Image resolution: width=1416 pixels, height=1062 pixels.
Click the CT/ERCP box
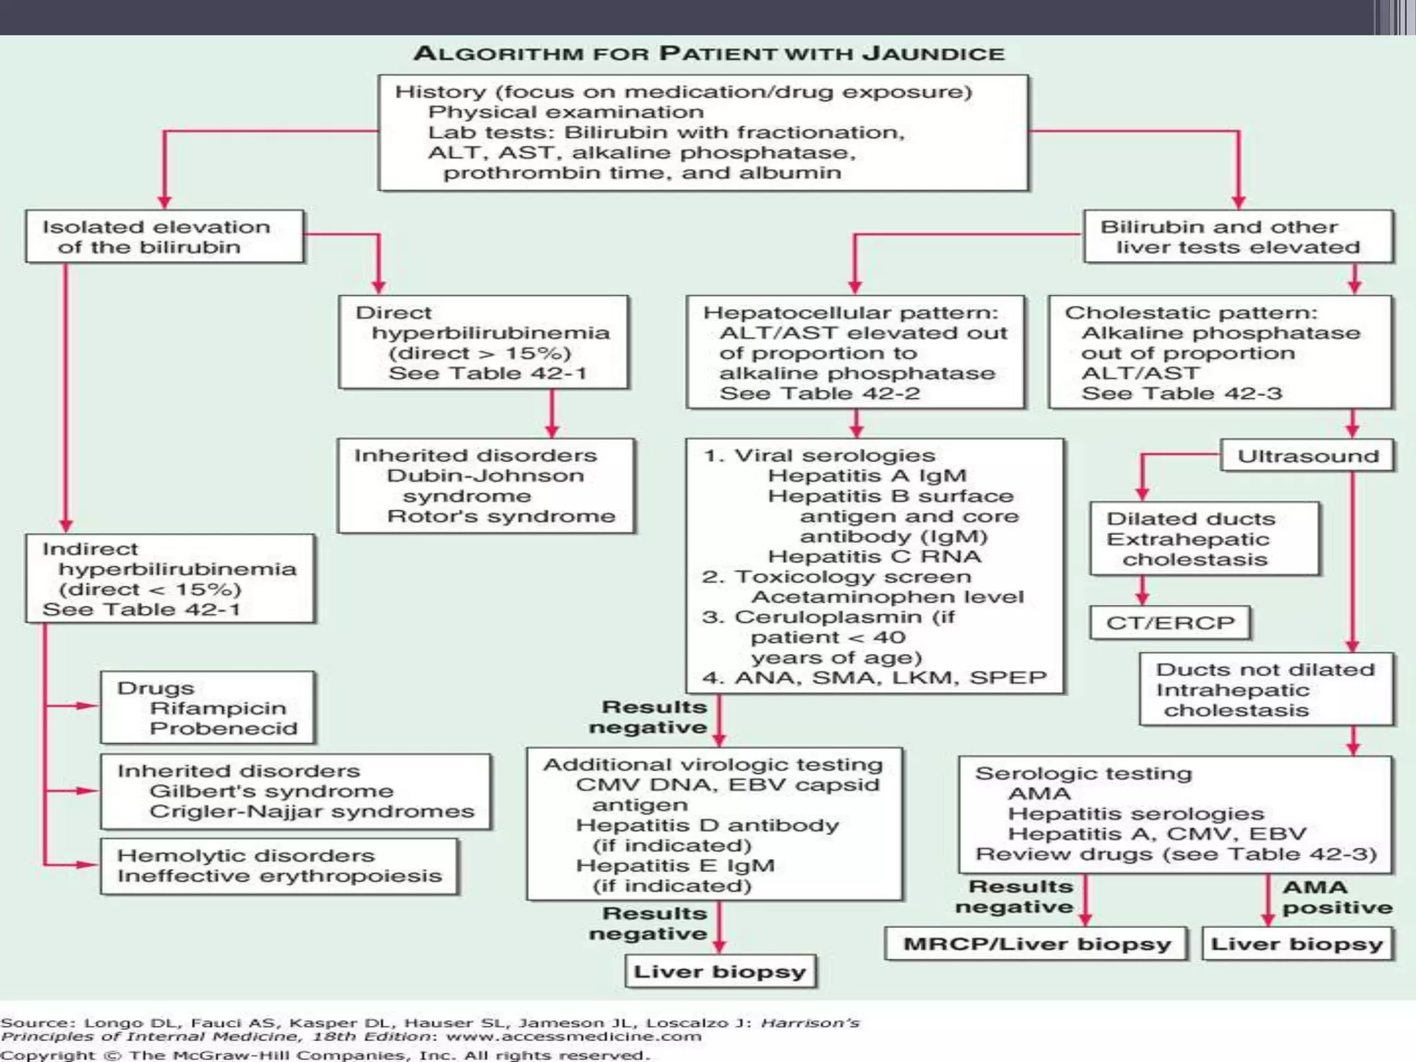1170,622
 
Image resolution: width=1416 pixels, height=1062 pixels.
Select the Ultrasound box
1306,456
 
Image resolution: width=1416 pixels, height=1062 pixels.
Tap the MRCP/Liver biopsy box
1036,944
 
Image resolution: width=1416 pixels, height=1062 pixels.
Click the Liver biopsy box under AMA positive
1297,944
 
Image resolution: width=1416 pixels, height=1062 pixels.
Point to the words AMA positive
1336,897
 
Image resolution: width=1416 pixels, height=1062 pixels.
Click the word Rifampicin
218,708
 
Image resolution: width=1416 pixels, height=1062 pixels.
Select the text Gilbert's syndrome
271,791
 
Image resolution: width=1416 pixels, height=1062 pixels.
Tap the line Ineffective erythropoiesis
279,876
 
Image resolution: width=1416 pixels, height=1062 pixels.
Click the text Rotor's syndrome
501,516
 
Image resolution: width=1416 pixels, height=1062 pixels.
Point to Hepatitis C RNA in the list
874,557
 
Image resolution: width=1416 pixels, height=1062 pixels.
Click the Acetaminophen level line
887,597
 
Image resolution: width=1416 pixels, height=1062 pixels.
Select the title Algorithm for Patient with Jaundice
708,54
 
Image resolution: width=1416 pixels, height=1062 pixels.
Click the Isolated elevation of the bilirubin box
165,236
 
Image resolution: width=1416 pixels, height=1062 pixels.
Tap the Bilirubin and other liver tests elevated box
1238,236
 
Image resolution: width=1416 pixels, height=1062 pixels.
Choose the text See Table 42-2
819,393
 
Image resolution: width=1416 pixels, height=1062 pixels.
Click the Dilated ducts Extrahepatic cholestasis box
1204,539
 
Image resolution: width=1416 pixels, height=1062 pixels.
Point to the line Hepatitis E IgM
675,866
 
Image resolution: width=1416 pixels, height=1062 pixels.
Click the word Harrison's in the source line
810,1023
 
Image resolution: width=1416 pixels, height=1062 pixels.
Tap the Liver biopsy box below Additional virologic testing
720,972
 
